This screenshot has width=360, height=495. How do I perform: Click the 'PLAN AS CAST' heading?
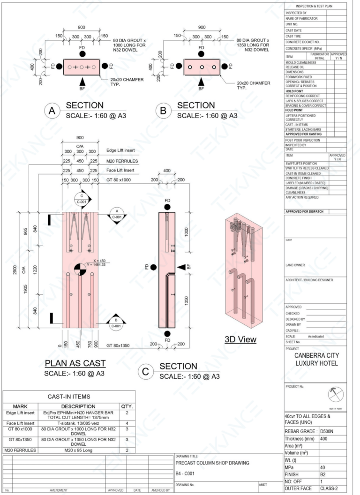pyautogui.click(x=75, y=363)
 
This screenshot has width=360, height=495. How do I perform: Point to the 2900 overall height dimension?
pyautogui.click(x=16, y=271)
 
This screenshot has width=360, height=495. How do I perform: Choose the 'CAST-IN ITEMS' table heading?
pyautogui.click(x=69, y=397)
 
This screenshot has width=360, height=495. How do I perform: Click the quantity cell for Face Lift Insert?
pyautogui.click(x=127, y=424)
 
